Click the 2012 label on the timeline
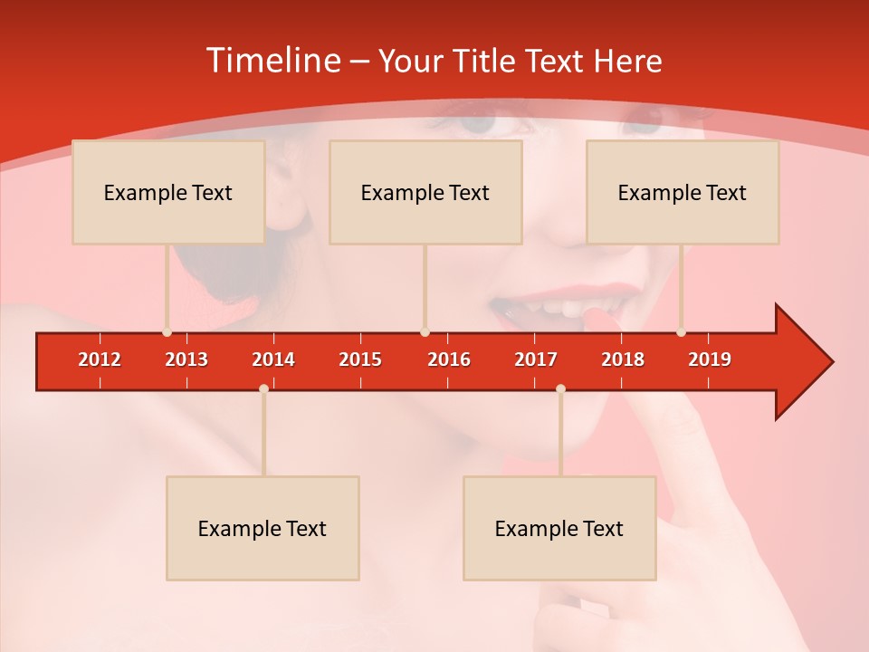100,360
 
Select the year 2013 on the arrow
186,360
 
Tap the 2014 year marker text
273,360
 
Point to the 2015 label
360,360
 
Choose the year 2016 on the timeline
449,360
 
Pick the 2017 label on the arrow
536,360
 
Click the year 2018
623,360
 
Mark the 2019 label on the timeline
710,360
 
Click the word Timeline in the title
272,61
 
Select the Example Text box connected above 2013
168,192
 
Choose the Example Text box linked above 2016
425,192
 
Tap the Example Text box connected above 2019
683,192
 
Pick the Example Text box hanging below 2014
263,528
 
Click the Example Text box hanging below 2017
559,528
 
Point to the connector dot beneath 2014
263,388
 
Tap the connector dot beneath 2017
560,388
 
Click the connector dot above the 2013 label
167,332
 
